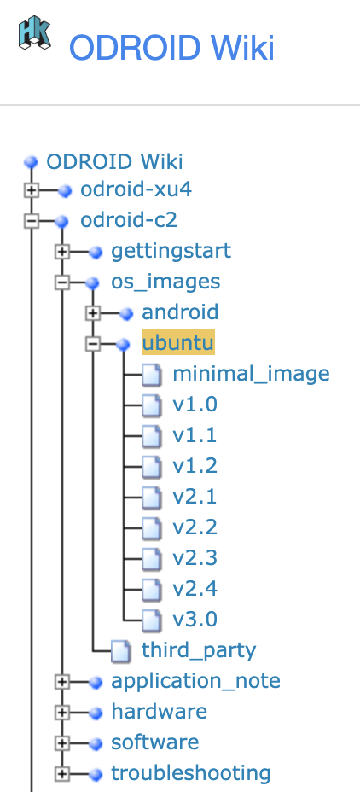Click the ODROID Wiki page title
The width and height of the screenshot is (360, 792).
click(171, 48)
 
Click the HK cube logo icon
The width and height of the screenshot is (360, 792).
click(34, 35)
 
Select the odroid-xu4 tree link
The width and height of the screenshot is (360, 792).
click(136, 189)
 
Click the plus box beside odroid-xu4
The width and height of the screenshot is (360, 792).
click(32, 190)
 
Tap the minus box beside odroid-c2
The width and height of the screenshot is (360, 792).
click(32, 221)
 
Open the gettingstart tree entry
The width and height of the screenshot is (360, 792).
click(171, 251)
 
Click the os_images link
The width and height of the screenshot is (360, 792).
click(165, 282)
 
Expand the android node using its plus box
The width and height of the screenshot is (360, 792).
click(93, 313)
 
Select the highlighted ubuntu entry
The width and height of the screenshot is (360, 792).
click(178, 343)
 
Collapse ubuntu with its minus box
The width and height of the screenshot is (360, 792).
click(93, 344)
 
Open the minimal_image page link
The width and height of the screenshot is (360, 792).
click(251, 374)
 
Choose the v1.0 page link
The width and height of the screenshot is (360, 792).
click(195, 405)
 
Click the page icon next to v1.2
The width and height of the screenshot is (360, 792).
click(151, 467)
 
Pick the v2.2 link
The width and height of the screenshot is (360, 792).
click(195, 527)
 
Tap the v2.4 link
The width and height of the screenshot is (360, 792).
click(195, 589)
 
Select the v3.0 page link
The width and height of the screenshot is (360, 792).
click(195, 620)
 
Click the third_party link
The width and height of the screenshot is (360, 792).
click(199, 650)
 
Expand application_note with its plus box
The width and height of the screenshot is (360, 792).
click(62, 682)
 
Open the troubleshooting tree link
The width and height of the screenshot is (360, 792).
click(190, 773)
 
